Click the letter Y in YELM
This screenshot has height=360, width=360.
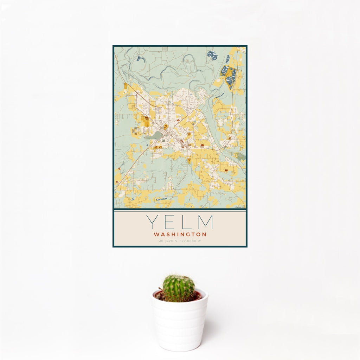coord(152,222)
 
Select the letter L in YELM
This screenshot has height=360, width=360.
coord(186,222)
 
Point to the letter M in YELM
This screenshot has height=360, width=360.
coord(206,222)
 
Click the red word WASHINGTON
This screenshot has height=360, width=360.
coord(180,234)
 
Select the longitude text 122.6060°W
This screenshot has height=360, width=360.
coord(191,241)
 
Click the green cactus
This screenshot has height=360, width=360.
coord(178,288)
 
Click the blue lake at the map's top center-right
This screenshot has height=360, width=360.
coord(212,55)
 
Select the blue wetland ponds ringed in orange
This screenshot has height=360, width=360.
coord(229,76)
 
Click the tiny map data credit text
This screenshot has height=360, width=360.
coord(240,207)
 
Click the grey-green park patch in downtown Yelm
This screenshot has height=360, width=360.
coord(155,135)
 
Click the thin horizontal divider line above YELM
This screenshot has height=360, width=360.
coord(180,211)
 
